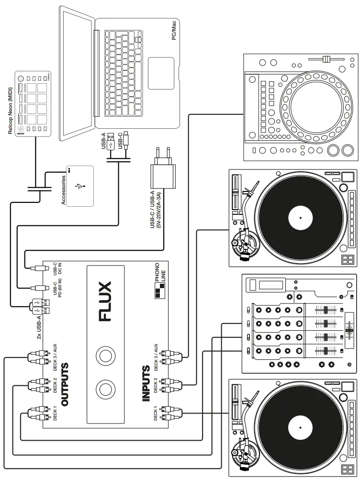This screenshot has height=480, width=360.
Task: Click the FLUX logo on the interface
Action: (104, 301)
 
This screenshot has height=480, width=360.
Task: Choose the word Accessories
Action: (63, 190)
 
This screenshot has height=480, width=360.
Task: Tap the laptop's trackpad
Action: (161, 72)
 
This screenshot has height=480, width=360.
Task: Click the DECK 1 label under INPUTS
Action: (156, 413)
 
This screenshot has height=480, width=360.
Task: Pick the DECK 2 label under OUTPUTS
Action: (55, 384)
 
